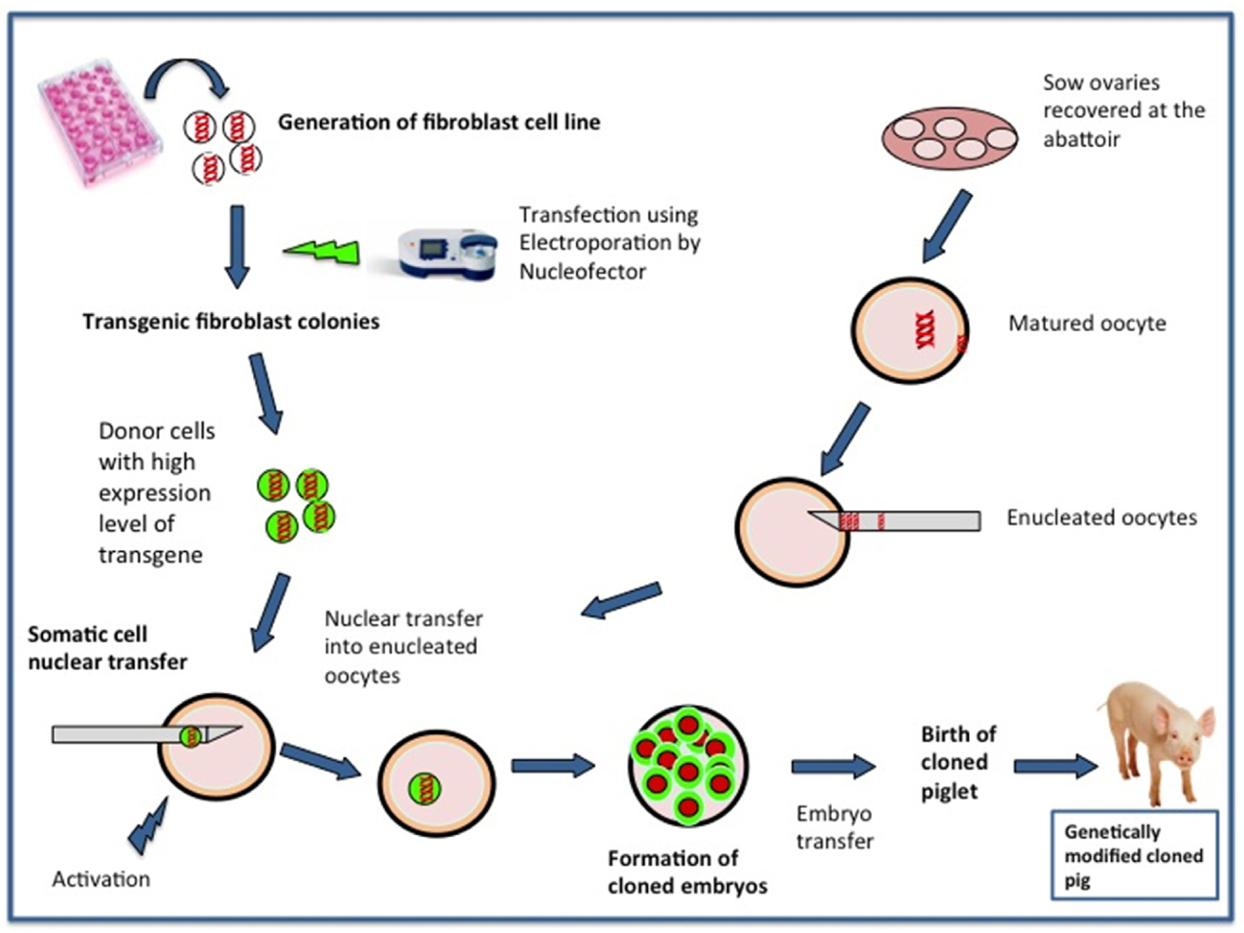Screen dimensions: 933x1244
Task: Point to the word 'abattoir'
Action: coord(1081,139)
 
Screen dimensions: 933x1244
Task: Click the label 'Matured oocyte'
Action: coord(1086,323)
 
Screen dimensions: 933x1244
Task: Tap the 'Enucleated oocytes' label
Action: coord(1101,517)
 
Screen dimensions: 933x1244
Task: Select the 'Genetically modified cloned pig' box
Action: coord(1133,855)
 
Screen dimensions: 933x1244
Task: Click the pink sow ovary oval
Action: coord(949,138)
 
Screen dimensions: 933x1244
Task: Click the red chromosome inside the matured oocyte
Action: coord(925,329)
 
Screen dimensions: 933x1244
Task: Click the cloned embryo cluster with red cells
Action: coord(688,765)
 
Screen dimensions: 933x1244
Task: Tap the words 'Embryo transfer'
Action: coord(834,827)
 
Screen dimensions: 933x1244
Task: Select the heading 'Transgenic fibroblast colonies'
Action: coord(231,322)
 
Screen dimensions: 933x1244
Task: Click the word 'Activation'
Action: coord(101,878)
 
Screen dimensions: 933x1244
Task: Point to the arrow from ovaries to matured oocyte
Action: coord(947,227)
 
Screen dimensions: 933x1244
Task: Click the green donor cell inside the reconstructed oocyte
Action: coord(424,788)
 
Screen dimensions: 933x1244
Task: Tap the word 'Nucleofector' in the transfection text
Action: coord(582,271)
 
